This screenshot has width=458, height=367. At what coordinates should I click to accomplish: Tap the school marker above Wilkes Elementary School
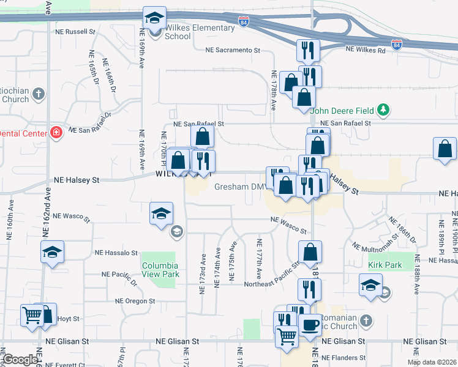(x=154, y=18)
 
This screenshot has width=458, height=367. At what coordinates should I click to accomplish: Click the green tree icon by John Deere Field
(x=383, y=109)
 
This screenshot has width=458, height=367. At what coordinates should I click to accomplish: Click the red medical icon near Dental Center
(x=56, y=133)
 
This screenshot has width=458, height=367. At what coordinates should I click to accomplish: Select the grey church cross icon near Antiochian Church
(x=39, y=95)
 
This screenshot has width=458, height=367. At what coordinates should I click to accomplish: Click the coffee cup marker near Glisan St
(x=311, y=325)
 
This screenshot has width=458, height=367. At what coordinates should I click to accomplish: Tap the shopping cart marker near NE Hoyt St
(x=32, y=316)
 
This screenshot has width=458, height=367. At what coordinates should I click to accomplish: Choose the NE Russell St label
(x=76, y=31)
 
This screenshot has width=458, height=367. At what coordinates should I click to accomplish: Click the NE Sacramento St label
(x=233, y=50)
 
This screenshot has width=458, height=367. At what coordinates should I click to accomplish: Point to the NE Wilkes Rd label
(x=366, y=50)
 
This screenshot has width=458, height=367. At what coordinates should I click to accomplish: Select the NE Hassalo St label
(x=116, y=253)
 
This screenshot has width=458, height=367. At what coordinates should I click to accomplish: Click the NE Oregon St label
(x=135, y=301)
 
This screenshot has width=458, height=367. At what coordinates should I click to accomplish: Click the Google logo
(x=20, y=360)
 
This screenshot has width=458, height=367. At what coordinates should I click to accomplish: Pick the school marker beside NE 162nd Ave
(x=52, y=251)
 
